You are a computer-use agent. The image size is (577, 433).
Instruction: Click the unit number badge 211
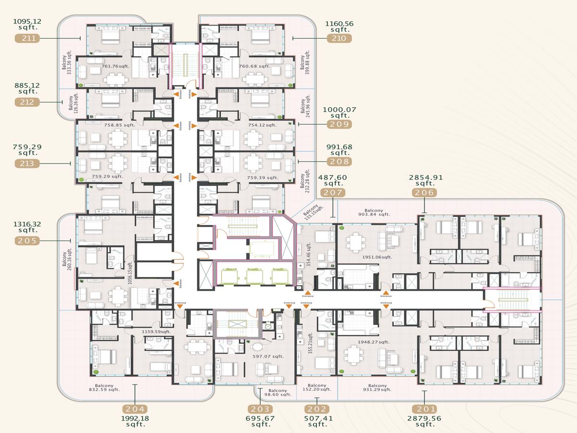tap(27, 38)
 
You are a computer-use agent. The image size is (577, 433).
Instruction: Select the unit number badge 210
tap(339, 38)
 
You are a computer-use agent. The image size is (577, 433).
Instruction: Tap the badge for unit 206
tap(425, 192)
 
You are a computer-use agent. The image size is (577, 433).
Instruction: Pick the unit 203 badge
tap(261, 409)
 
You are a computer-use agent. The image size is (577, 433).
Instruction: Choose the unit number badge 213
tap(27, 164)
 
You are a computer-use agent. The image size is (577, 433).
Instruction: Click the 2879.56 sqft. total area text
tap(425, 421)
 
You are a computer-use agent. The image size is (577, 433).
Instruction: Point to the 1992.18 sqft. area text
tap(136, 421)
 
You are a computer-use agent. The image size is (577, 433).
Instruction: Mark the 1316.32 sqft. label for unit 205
tap(27, 227)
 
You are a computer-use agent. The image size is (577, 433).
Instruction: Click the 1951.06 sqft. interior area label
tap(377, 257)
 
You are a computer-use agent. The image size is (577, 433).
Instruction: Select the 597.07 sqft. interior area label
tap(268, 357)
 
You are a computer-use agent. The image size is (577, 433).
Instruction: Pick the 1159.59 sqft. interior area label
tap(156, 331)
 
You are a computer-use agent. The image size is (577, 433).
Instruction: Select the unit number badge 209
tap(339, 124)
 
